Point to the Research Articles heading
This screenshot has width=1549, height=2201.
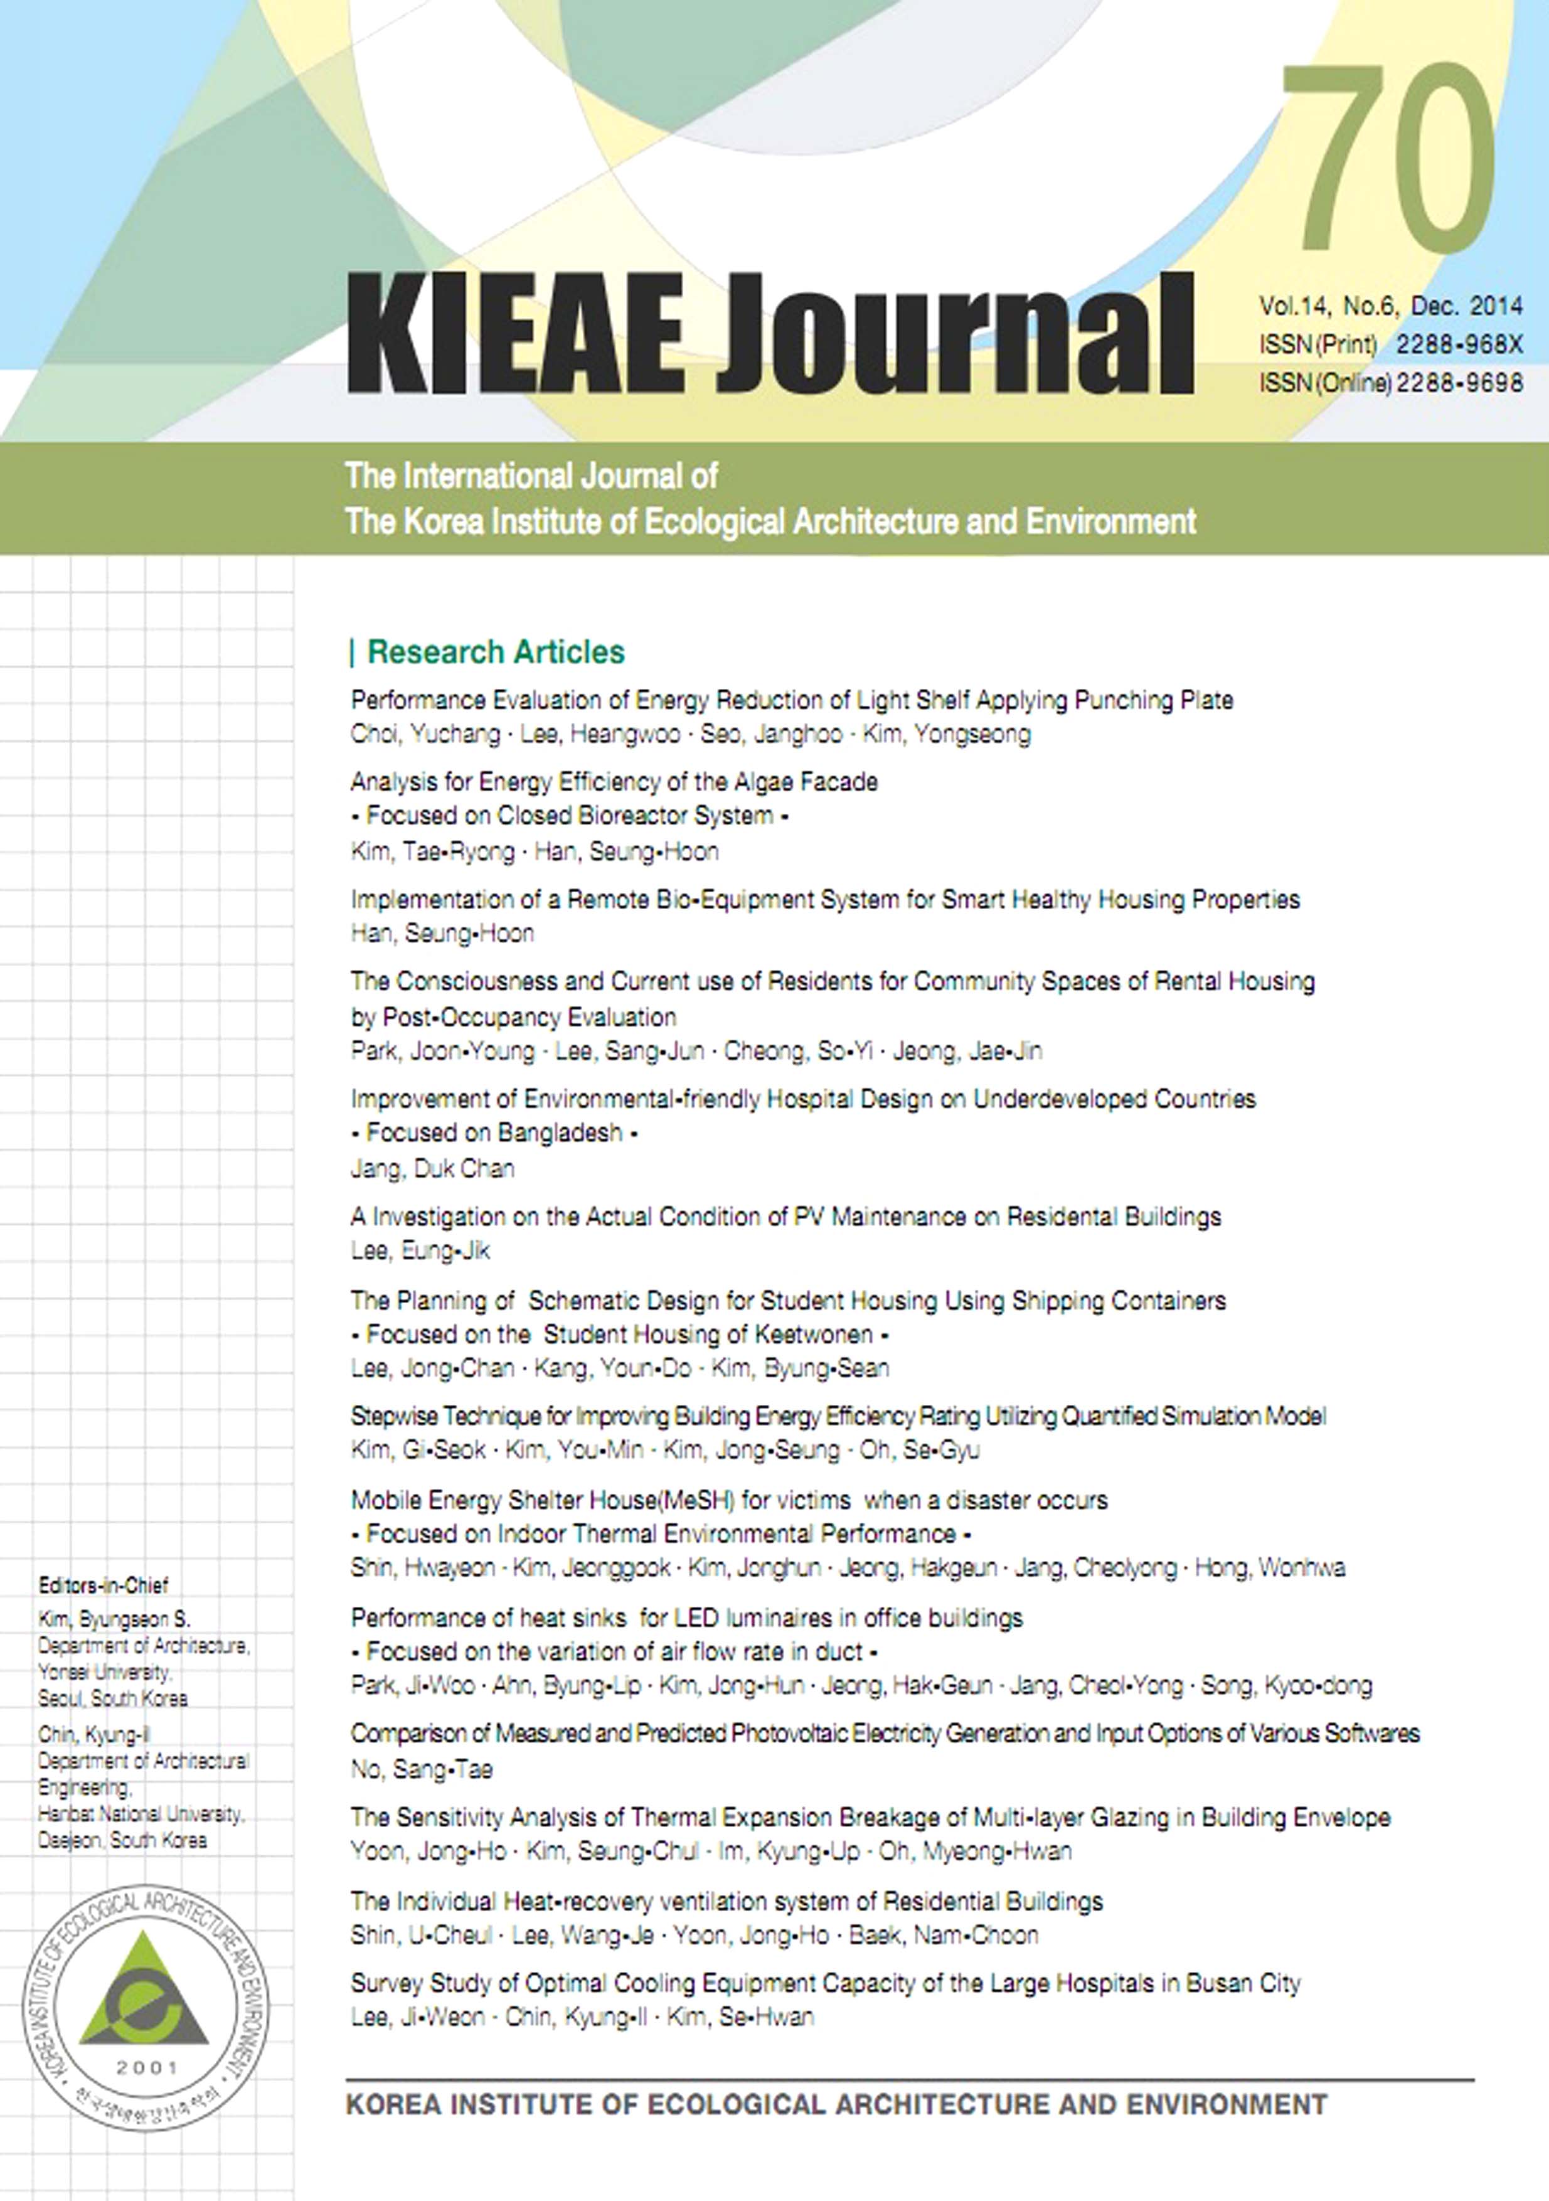pos(496,652)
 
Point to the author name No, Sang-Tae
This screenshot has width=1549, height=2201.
pos(421,1769)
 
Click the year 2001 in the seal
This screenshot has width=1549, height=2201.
pos(147,2068)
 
